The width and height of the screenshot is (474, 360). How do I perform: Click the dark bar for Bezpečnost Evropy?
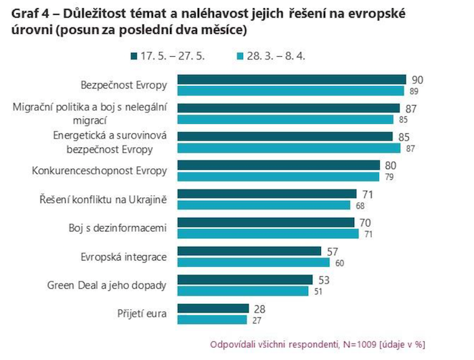(291, 79)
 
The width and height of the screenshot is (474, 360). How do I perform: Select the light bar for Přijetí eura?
(211, 319)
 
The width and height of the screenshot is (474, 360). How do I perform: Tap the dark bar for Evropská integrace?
(249, 251)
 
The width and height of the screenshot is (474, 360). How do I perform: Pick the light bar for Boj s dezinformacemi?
(267, 233)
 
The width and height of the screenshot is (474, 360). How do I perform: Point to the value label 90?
(417, 79)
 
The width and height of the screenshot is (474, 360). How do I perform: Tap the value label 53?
(325, 279)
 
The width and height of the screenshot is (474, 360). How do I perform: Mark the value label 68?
(360, 205)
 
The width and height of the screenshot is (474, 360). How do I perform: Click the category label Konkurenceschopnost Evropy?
(100, 171)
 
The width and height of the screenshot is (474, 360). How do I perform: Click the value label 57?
(334, 251)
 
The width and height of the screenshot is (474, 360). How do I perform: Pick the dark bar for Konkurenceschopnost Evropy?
(278, 165)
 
